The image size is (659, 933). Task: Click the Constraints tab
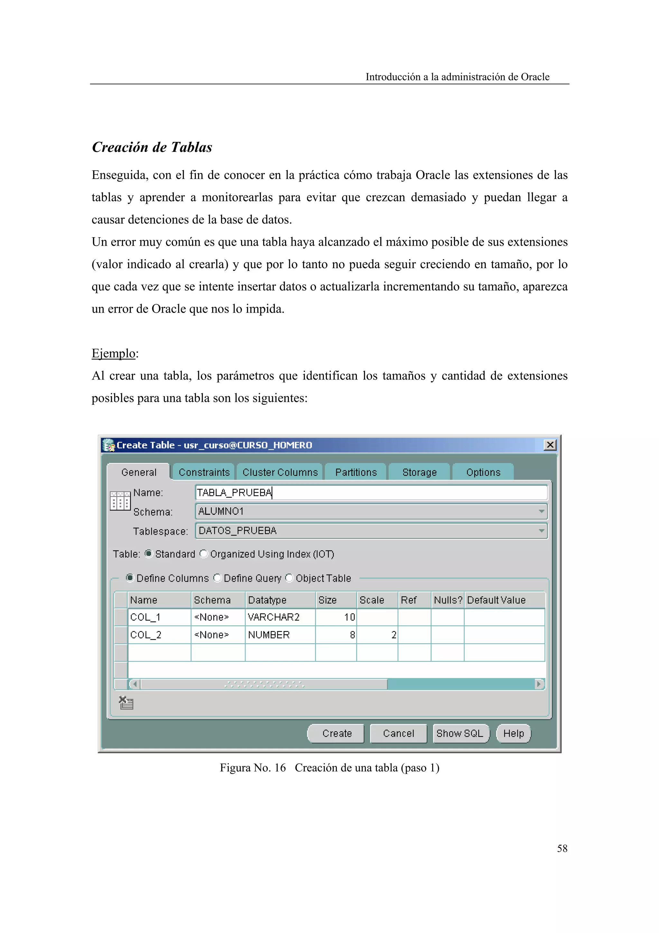pos(203,472)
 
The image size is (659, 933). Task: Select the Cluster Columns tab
pos(280,472)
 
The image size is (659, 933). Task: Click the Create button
pos(336,733)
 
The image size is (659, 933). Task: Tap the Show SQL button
pos(460,733)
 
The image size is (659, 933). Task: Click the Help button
pos(513,733)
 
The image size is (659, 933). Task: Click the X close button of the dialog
pos(550,445)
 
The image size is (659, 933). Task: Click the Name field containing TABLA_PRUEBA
pos(370,493)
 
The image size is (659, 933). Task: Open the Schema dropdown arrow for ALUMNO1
pos(541,512)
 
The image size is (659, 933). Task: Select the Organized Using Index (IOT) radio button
pos(204,554)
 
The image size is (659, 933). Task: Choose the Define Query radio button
pos(218,578)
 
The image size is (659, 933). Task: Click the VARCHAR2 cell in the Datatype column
pos(280,617)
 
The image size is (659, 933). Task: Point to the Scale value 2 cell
pos(377,635)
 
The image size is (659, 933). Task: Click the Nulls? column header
pos(448,600)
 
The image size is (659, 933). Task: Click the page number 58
pos(562,848)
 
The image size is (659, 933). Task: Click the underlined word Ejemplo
pos(113,353)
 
